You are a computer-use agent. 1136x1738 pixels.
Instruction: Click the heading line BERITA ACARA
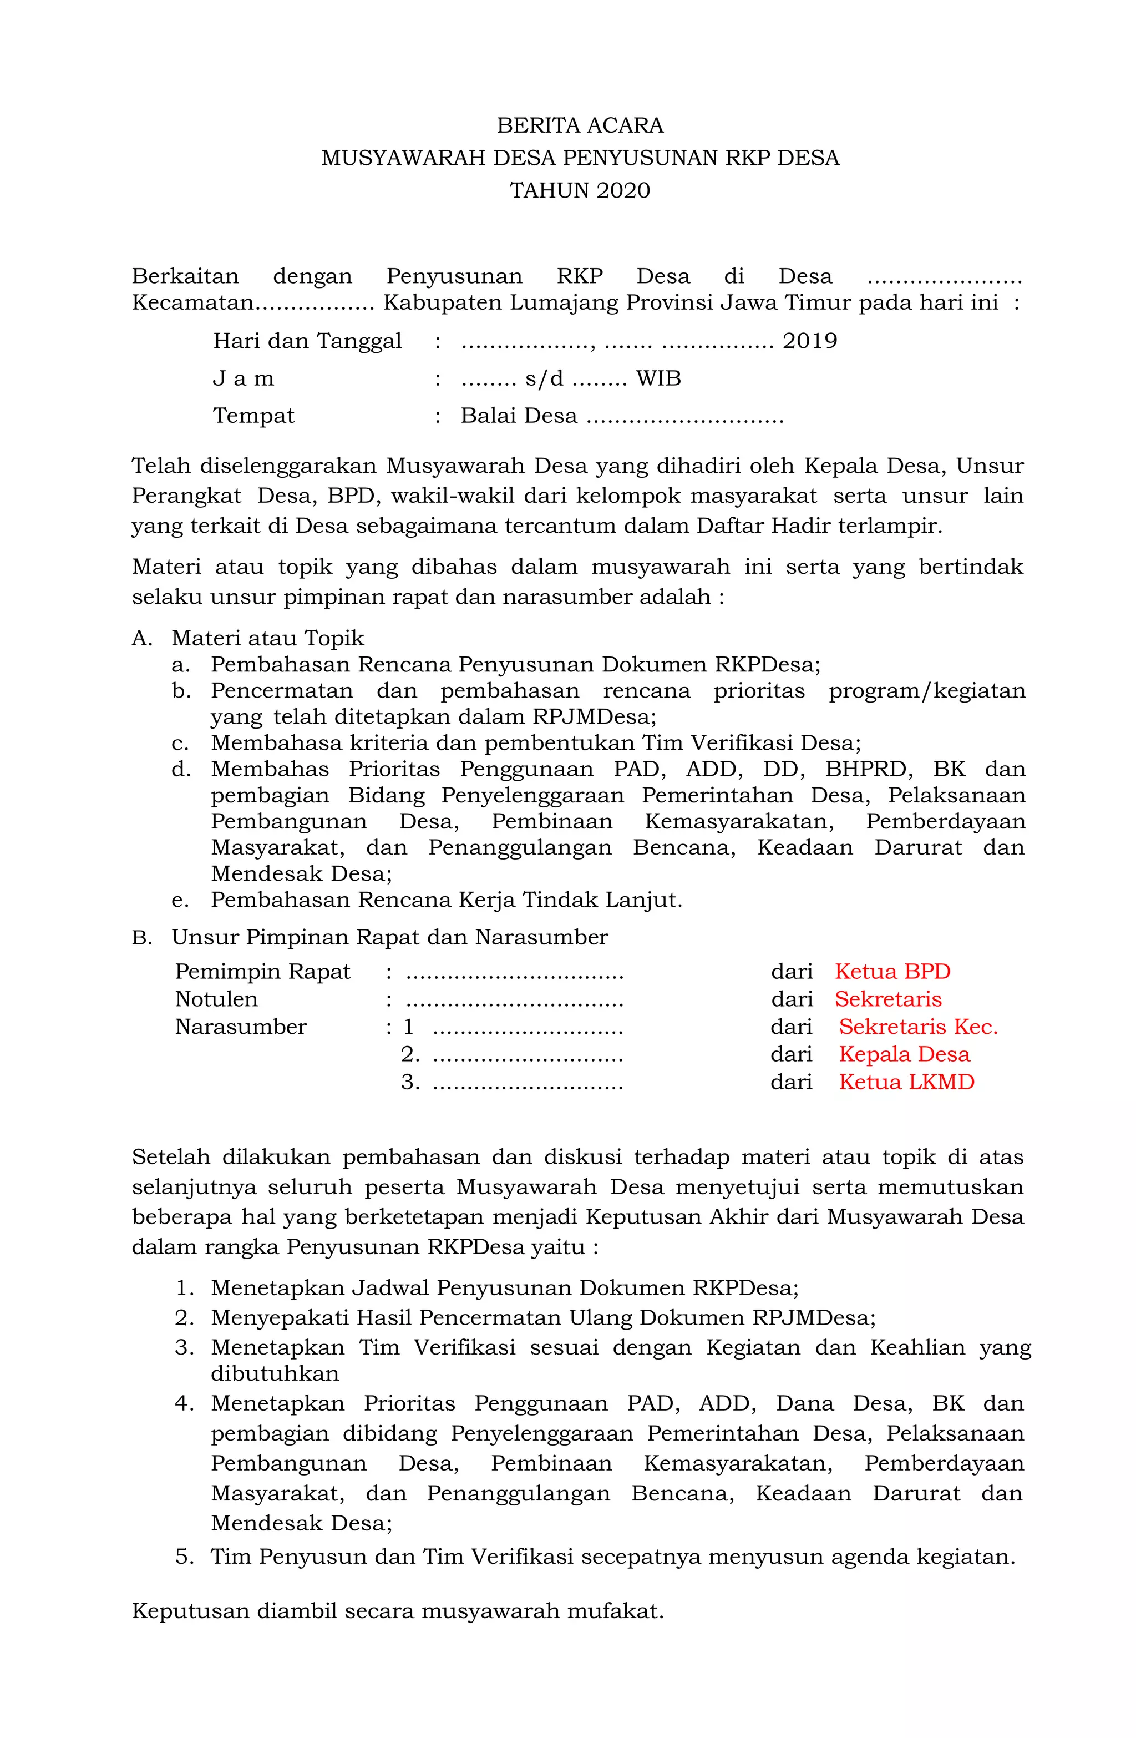coord(580,125)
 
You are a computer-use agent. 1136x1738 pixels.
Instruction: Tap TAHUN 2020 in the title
coord(580,190)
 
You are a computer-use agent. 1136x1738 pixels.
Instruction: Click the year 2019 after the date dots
coord(810,341)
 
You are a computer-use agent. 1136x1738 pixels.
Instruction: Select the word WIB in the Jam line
coord(658,378)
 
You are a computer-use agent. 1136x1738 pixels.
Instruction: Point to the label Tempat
coord(253,416)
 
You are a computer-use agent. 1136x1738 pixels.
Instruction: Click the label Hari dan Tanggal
coord(307,341)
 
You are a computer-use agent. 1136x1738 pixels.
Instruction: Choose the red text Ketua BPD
coord(892,972)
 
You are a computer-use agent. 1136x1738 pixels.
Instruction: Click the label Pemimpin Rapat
coord(263,972)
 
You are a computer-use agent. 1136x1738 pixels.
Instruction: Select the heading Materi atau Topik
coord(267,638)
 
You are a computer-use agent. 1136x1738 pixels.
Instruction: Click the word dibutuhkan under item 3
coord(275,1373)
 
